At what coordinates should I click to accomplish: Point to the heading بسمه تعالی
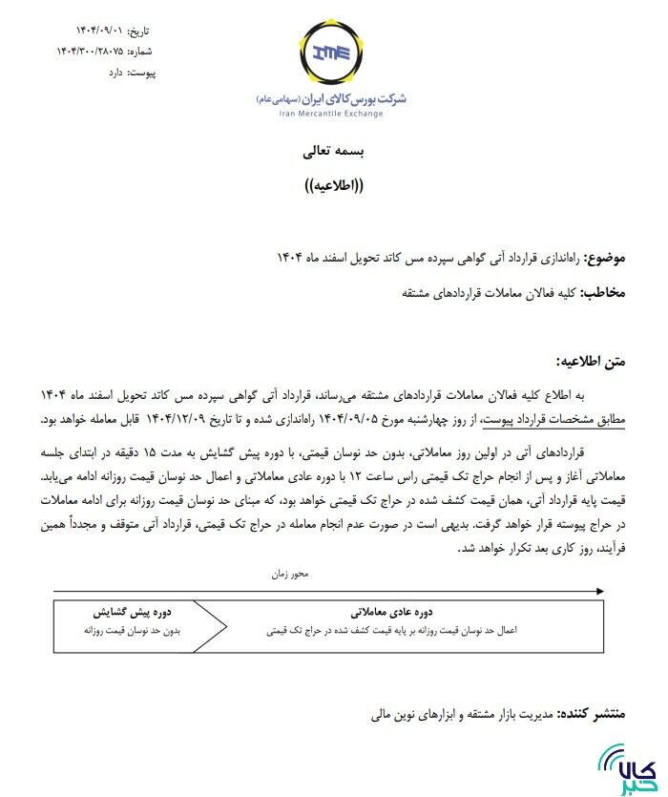click(332, 151)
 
